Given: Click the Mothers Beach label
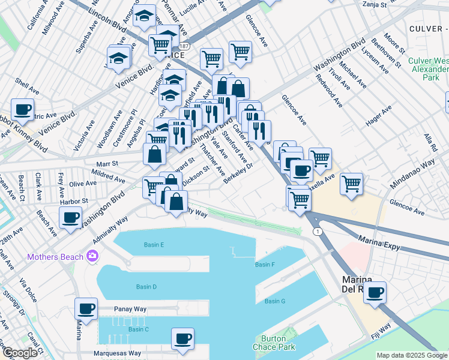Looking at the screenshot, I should click(55, 257).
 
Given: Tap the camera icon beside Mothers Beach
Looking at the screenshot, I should click(92, 256).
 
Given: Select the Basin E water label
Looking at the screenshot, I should click(154, 245).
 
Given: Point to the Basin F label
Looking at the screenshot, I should click(265, 265).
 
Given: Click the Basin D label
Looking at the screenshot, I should click(146, 287).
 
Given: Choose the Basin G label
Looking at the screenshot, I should click(275, 301).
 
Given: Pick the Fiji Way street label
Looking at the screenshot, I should click(380, 331).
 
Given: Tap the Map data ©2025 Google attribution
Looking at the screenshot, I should click(412, 356).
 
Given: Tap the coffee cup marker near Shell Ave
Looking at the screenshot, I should click(22, 109).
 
